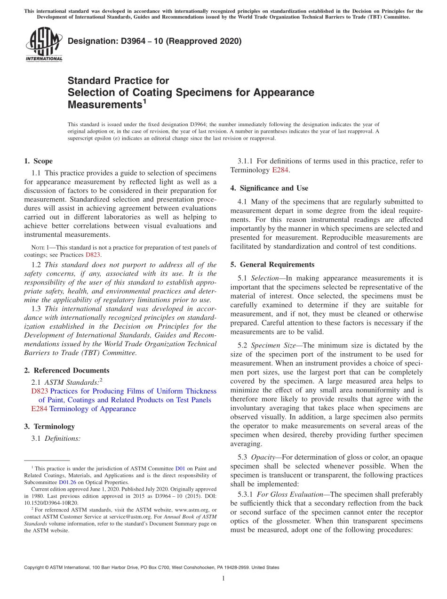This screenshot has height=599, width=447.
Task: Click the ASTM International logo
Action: point(44,44)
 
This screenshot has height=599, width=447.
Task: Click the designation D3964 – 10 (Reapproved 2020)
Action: point(154,41)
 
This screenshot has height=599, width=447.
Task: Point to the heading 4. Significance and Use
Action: point(269,188)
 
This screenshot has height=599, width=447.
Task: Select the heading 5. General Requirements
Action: point(272,265)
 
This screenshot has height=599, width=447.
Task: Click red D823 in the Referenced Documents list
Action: point(40,391)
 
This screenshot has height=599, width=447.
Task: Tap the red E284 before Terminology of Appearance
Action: point(39,409)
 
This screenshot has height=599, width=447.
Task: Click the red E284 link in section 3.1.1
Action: point(280,170)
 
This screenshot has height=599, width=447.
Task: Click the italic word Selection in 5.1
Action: point(265,278)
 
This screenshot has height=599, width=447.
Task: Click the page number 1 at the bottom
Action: point(223,579)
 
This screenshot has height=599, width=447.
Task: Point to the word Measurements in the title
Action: point(104,104)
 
